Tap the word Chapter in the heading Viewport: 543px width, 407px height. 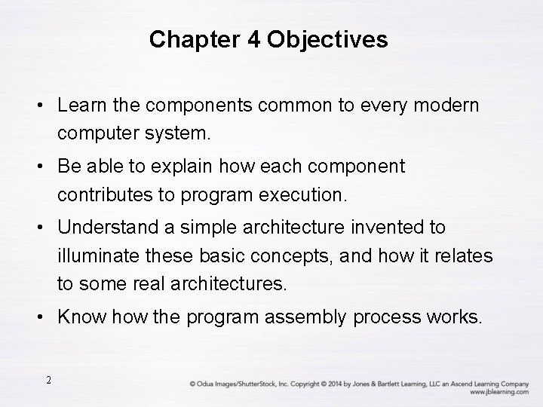pos(185,39)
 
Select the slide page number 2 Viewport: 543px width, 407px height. pos(48,381)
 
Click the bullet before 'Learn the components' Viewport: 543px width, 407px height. pos(38,105)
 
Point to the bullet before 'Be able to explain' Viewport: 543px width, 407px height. pos(38,166)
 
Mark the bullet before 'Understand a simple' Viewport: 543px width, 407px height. pos(38,227)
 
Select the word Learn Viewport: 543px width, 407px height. pos(82,105)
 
